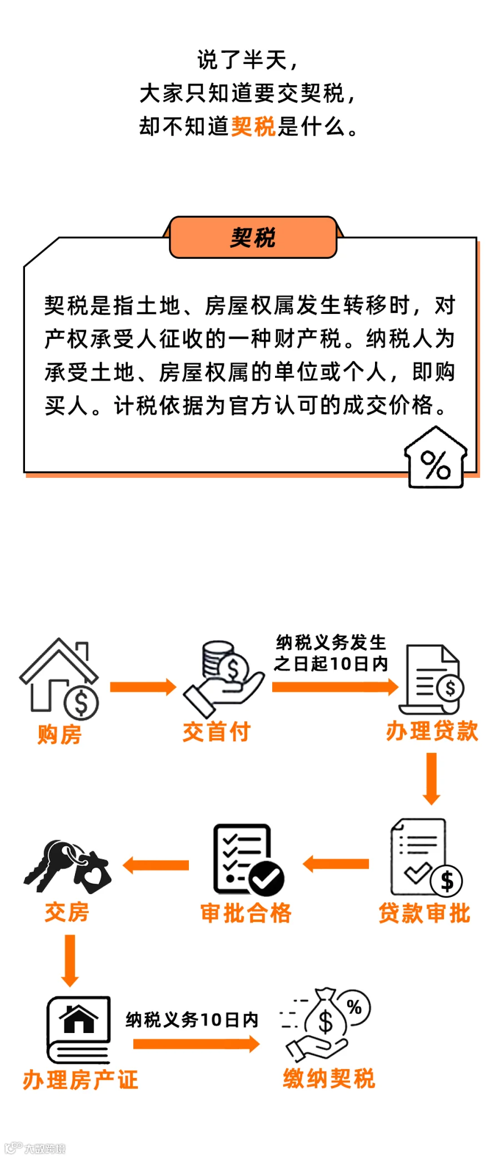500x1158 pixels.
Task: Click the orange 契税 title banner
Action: click(x=253, y=237)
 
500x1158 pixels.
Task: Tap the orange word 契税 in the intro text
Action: click(x=253, y=126)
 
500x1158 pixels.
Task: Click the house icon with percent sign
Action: click(x=436, y=457)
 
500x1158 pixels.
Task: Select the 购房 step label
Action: click(x=59, y=734)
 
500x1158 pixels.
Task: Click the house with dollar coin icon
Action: click(x=59, y=678)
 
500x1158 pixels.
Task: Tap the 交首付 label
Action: click(x=217, y=731)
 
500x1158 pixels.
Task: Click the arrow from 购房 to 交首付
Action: click(x=143, y=687)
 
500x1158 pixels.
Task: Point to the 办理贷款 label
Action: click(x=432, y=731)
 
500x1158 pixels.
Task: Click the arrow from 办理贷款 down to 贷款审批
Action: click(x=432, y=778)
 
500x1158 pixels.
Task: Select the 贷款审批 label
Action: click(x=424, y=913)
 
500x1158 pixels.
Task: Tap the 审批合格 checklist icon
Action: click(x=248, y=860)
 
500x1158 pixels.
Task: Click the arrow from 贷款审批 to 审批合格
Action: click(x=336, y=864)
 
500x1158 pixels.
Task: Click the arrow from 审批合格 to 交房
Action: click(x=156, y=865)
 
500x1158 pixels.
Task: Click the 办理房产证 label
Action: click(x=81, y=1080)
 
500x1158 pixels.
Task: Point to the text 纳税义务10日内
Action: click(x=192, y=1020)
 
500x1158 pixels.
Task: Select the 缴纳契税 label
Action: click(x=329, y=1079)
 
